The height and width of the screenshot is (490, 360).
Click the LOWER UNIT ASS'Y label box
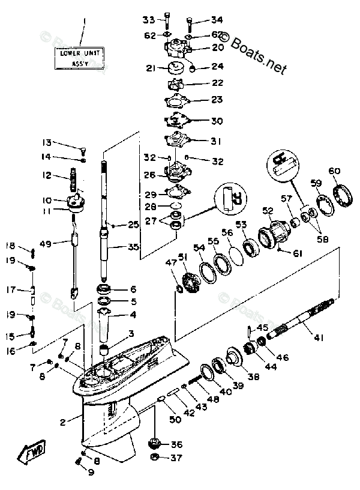pyautogui.click(x=84, y=57)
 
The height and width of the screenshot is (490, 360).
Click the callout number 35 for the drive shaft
pyautogui.click(x=134, y=247)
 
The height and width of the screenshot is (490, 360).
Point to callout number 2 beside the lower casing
pyautogui.click(x=62, y=423)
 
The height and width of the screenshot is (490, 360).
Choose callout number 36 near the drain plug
pyautogui.click(x=176, y=445)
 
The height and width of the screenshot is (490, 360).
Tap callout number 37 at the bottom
pyautogui.click(x=176, y=459)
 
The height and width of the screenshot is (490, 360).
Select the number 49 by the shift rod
pyautogui.click(x=46, y=243)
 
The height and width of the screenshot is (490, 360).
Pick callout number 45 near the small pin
pyautogui.click(x=262, y=327)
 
